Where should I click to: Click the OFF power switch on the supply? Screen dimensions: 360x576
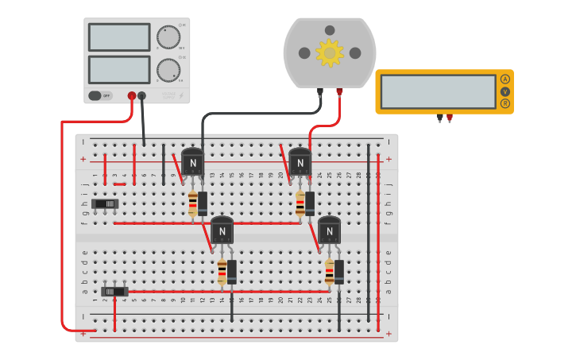[x=100, y=95]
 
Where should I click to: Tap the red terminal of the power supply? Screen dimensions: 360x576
[x=132, y=96]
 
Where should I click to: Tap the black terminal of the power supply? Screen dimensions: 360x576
[x=142, y=96]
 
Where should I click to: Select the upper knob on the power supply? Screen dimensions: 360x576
[x=168, y=37]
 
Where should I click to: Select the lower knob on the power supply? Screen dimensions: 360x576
[x=168, y=70]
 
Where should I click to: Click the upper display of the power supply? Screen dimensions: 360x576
[x=119, y=37]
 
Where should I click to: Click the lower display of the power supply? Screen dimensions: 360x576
[x=119, y=69]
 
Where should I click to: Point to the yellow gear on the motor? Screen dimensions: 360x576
[x=329, y=52]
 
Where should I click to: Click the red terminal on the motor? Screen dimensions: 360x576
[x=339, y=91]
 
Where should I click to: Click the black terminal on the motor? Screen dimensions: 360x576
[x=320, y=91]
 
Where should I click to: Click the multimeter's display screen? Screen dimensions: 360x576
[x=438, y=91]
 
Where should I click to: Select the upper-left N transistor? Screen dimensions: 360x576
[x=192, y=163]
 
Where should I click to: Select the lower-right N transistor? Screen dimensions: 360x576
[x=329, y=230]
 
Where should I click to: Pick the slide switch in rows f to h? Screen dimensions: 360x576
[x=105, y=204]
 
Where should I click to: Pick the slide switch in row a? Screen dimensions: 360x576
[x=114, y=291]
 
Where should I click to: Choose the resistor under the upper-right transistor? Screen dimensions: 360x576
[x=300, y=203]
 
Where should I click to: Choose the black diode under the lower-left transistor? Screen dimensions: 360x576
[x=232, y=272]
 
